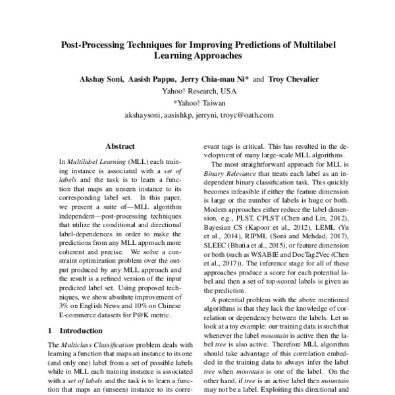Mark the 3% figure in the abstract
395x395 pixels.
point(65,305)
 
